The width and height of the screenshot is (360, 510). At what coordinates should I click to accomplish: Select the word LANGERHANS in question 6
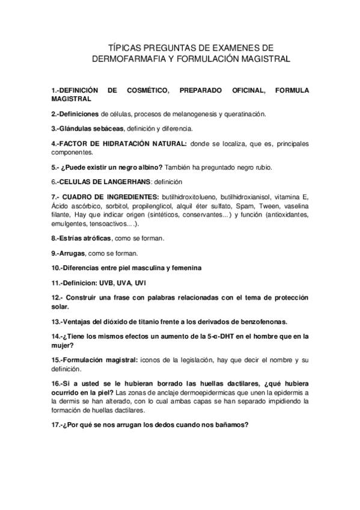pos(118,181)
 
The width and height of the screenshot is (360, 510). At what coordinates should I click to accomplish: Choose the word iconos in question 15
pos(151,359)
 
